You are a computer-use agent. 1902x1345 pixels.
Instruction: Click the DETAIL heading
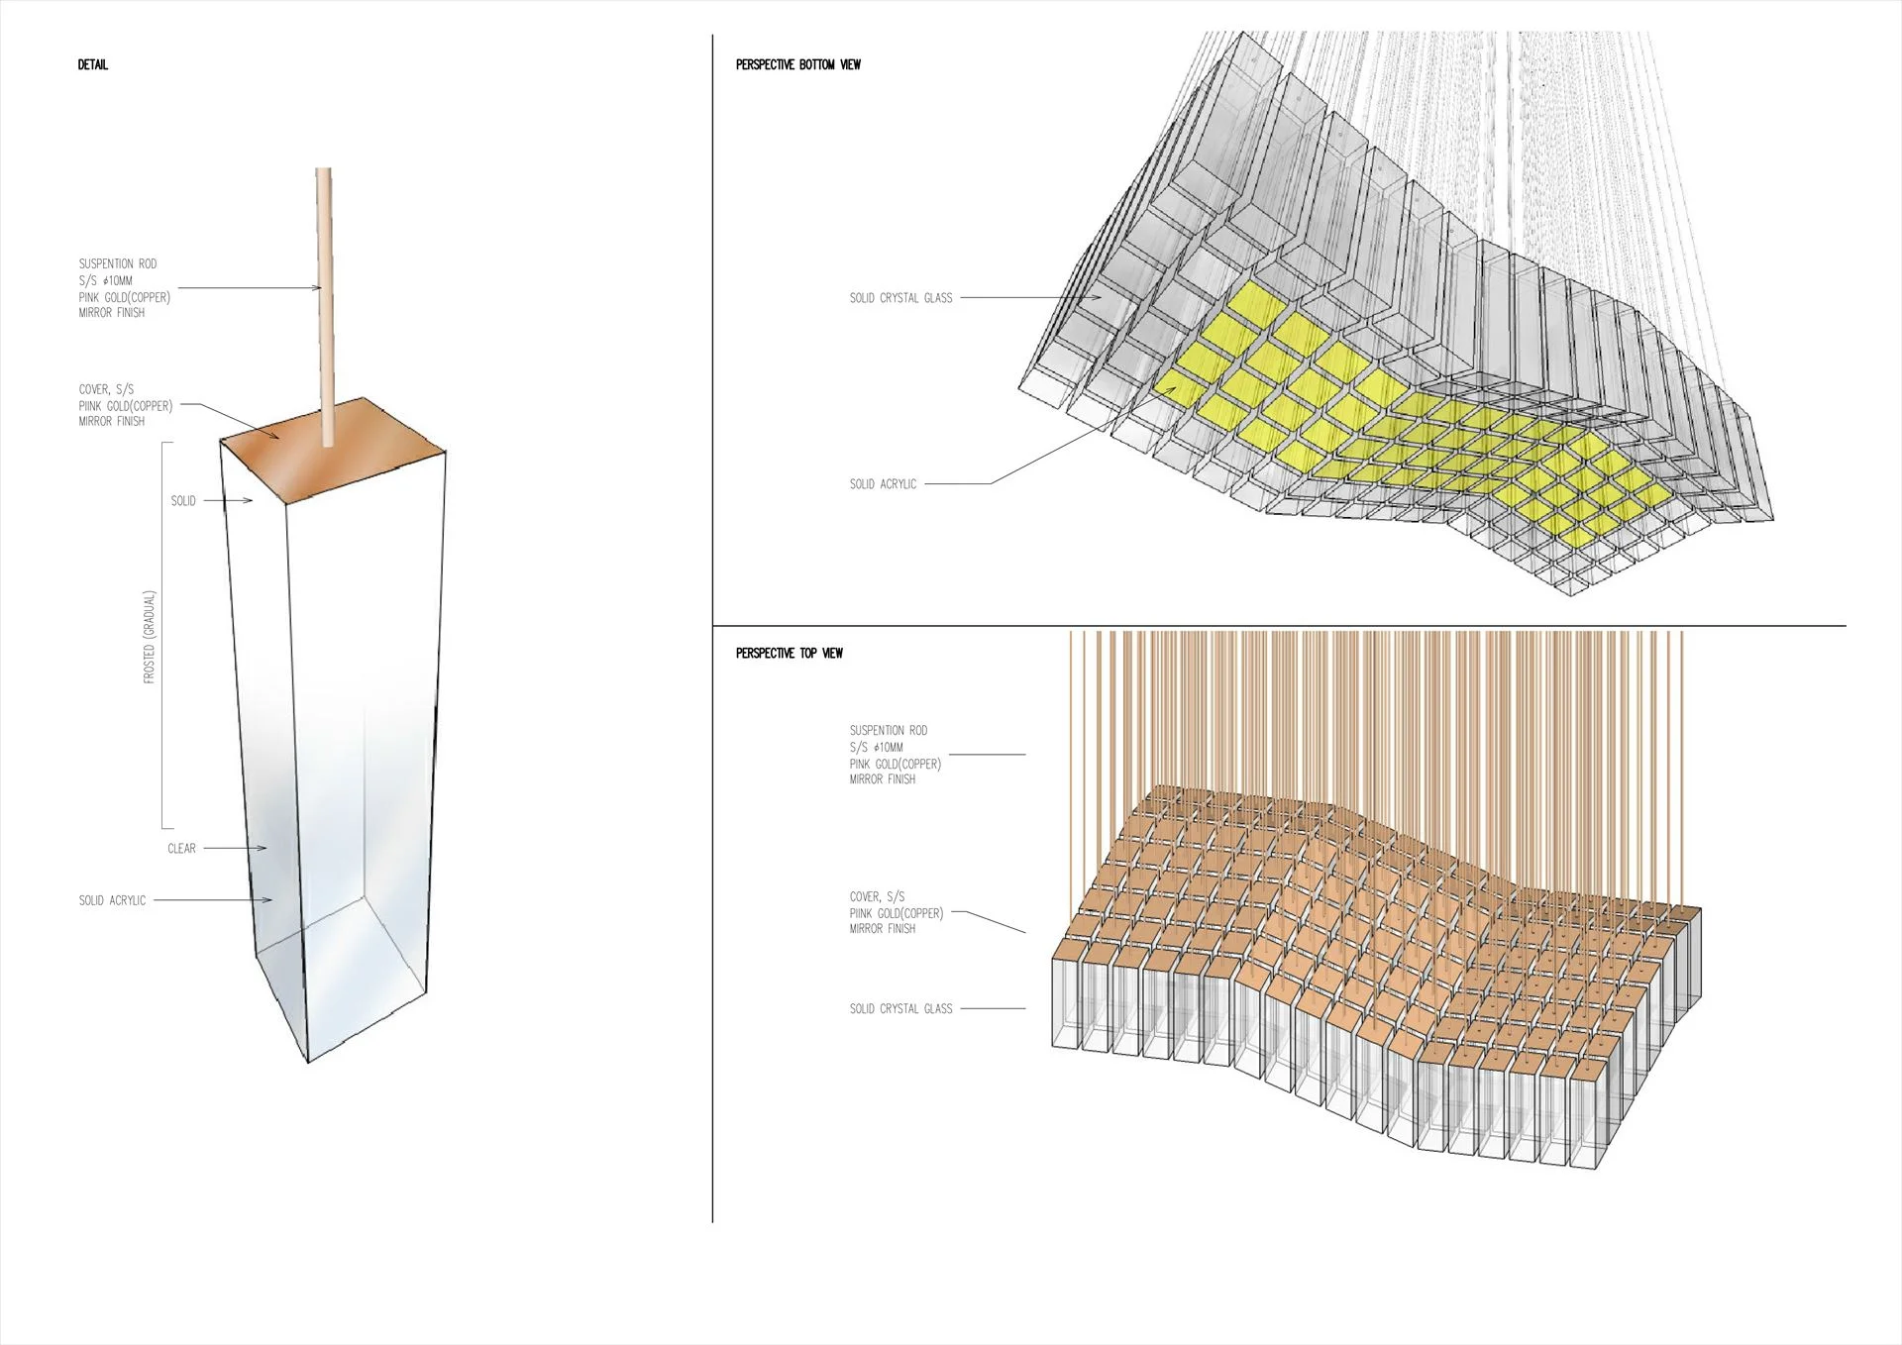[93, 65]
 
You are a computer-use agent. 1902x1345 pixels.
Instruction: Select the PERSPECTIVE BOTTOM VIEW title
[797, 65]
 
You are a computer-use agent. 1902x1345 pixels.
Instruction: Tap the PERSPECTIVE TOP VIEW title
[789, 654]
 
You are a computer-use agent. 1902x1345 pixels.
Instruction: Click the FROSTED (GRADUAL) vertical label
[150, 637]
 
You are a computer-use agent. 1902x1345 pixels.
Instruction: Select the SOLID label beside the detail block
[183, 501]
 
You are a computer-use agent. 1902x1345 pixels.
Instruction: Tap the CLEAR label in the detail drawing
[181, 849]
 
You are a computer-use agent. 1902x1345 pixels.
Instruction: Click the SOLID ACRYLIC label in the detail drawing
[112, 901]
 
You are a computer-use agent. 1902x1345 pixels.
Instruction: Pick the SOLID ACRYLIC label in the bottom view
[883, 484]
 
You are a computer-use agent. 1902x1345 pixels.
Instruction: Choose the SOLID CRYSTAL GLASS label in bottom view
[900, 298]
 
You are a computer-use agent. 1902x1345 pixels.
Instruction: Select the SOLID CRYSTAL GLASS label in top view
[900, 1009]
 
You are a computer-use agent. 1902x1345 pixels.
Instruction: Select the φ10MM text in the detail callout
[118, 281]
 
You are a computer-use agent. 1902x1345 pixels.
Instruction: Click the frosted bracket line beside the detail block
[162, 635]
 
